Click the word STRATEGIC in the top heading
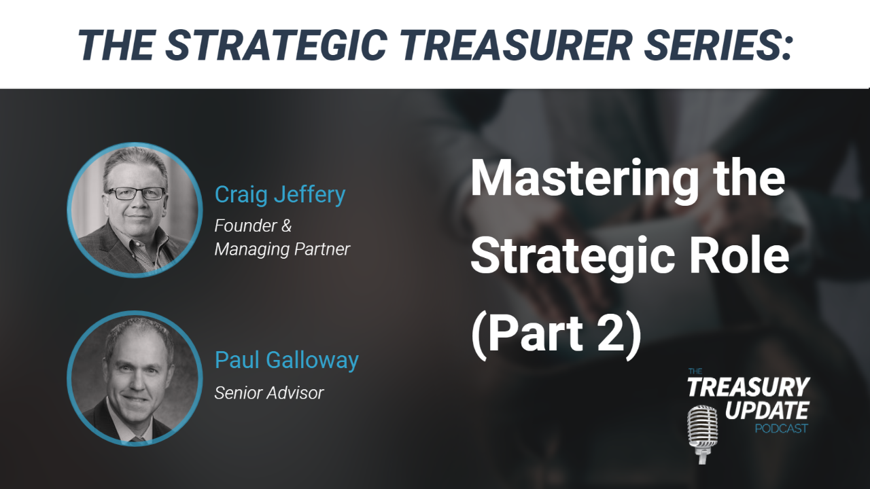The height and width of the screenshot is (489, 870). [276, 45]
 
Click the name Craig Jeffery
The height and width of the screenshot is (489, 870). [279, 194]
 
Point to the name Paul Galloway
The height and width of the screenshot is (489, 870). [286, 361]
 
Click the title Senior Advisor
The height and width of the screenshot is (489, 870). [268, 393]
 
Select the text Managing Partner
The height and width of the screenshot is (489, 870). [282, 249]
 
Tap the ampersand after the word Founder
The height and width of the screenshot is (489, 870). [286, 225]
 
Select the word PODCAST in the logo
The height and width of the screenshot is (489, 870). [781, 429]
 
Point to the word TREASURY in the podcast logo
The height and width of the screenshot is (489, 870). [748, 386]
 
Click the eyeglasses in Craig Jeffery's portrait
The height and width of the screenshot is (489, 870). [136, 194]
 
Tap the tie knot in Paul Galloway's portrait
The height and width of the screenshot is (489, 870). [138, 440]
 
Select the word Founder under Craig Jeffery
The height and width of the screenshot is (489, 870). [245, 225]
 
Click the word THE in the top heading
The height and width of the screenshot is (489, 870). [116, 45]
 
